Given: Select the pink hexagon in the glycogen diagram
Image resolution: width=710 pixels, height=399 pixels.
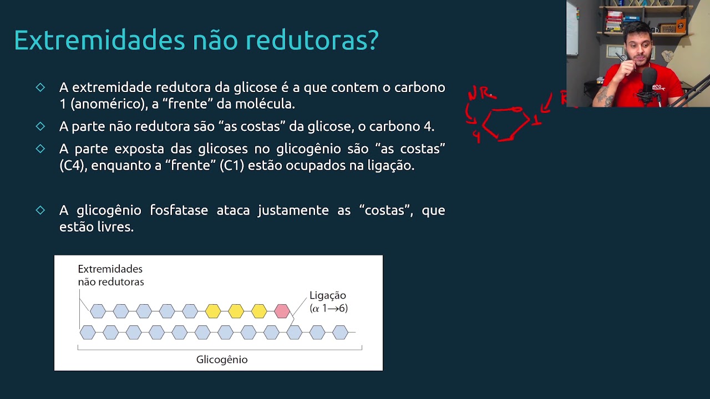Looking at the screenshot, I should click(282, 311).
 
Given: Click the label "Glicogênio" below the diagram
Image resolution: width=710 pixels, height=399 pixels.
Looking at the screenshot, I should click(222, 360).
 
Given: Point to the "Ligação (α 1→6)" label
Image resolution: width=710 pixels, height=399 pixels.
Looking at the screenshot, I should click(328, 302).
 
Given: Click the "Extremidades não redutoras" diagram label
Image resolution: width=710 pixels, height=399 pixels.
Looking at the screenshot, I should click(110, 275).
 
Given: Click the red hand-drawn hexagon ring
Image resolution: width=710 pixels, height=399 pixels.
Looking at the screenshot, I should click(505, 125).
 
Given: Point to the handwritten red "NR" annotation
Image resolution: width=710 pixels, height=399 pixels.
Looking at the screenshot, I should click(480, 93).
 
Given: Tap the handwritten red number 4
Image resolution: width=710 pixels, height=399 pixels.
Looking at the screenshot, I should click(476, 136).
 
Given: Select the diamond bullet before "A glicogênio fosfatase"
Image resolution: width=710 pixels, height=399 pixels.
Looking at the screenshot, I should click(40, 210).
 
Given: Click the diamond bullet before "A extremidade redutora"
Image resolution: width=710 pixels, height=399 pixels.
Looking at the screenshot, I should click(40, 88).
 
